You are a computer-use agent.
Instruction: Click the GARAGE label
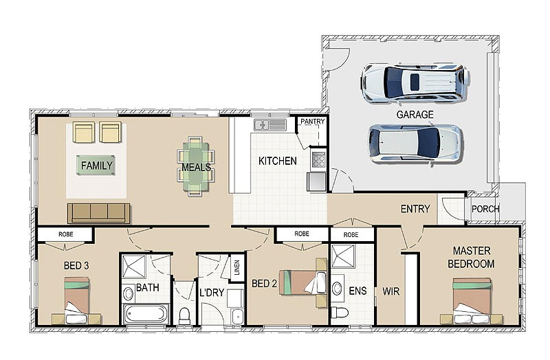pos(415,115)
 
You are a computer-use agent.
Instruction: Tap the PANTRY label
pos(313,122)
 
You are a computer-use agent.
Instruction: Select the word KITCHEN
pos(278,161)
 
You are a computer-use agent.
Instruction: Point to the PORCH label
pos(485,209)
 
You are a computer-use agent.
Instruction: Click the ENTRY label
pos(415,209)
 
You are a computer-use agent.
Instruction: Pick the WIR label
pos(390,291)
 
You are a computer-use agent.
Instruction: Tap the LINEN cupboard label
pos(237,268)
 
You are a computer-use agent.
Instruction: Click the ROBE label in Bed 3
pos(65,234)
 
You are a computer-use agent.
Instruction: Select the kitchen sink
pos(270,125)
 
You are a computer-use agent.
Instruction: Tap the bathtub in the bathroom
pos(146,313)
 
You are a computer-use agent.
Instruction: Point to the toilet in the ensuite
pos(339,312)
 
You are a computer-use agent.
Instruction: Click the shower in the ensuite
pos(342,256)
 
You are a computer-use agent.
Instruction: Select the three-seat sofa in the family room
pos(98,213)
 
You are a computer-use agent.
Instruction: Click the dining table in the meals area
pos(196,166)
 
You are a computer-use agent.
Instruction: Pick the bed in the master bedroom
pos(471,301)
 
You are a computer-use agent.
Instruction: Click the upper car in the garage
pos(415,82)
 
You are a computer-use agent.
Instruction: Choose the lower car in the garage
pos(415,144)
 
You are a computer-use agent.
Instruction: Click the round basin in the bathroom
pos(128,293)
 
